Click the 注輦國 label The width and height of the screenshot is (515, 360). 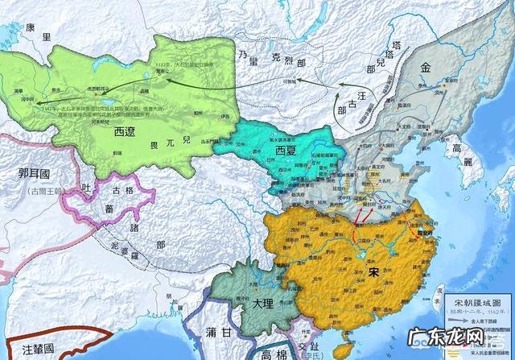pyautogui.click(x=37, y=350)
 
